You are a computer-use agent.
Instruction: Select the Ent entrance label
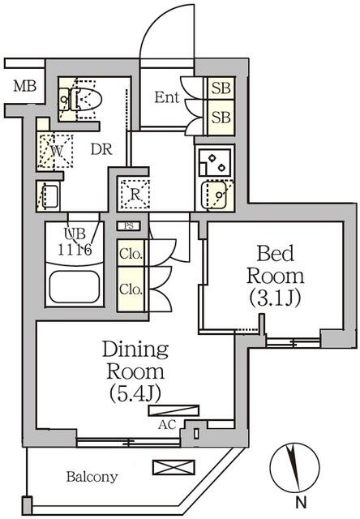pos(166,98)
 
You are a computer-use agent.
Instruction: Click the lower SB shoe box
pos(220,117)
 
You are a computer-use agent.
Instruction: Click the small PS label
pos(130,226)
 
